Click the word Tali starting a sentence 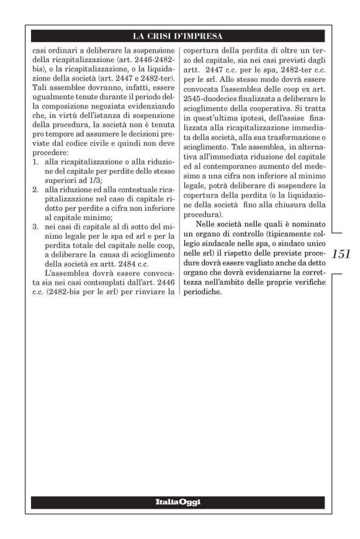click(x=40, y=82)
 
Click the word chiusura click(x=287, y=211)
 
